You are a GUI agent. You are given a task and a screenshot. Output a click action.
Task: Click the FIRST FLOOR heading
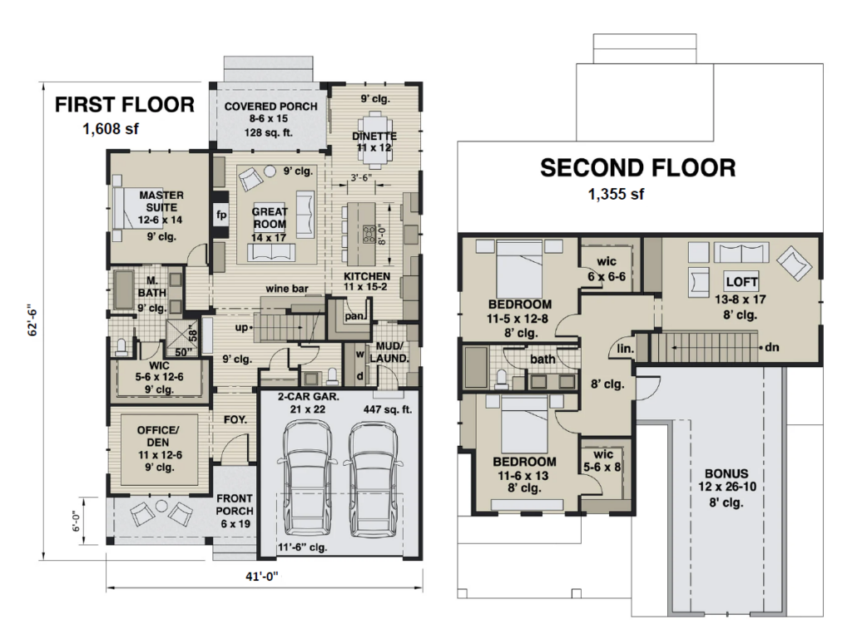point(125,104)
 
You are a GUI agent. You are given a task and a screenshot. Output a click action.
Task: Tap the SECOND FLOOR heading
point(638,168)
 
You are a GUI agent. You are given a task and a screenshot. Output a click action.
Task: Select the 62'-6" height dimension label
point(32,319)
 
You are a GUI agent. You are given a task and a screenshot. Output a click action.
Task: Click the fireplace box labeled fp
point(220,215)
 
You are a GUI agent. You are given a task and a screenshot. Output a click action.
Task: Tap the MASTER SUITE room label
point(161,201)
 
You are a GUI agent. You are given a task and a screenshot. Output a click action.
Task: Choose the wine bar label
point(287,289)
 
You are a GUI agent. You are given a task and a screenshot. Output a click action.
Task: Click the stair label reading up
point(241,328)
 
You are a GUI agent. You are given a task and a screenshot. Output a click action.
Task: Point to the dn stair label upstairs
point(771,347)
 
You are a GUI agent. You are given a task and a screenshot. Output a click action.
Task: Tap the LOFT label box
point(741,281)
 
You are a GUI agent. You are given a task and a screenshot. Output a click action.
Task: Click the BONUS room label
point(726,473)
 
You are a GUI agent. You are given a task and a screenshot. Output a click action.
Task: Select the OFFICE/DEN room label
point(158,436)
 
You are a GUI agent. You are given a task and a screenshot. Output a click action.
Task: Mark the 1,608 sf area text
point(111,129)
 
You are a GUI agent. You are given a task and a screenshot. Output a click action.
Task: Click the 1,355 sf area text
point(617,194)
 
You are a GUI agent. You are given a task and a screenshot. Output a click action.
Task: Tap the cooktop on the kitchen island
point(369,234)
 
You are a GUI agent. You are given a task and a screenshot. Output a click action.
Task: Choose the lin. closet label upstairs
point(626,349)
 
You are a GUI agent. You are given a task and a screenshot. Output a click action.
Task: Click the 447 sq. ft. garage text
point(388,409)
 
